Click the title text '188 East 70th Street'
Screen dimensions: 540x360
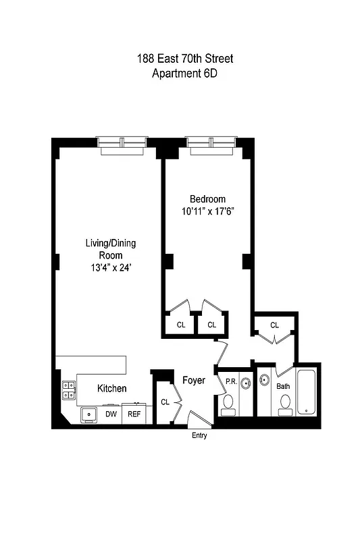pyautogui.click(x=185, y=60)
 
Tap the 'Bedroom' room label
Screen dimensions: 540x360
pyautogui.click(x=207, y=199)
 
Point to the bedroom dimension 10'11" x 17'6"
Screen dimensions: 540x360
pyautogui.click(x=207, y=211)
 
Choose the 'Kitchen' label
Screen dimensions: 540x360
pyautogui.click(x=111, y=388)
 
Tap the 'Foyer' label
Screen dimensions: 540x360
pyautogui.click(x=194, y=381)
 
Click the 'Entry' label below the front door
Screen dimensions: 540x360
pyautogui.click(x=199, y=436)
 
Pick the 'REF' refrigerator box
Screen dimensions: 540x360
pyautogui.click(x=134, y=414)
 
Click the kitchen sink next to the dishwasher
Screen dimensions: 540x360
pyautogui.click(x=88, y=414)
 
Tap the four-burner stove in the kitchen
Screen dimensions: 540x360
pyautogui.click(x=69, y=390)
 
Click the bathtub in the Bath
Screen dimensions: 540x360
pyautogui.click(x=307, y=391)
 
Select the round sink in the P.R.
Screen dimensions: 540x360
pyautogui.click(x=245, y=381)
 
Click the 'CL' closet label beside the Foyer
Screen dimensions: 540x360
pyautogui.click(x=165, y=402)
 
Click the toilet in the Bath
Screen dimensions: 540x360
pyautogui.click(x=284, y=405)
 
